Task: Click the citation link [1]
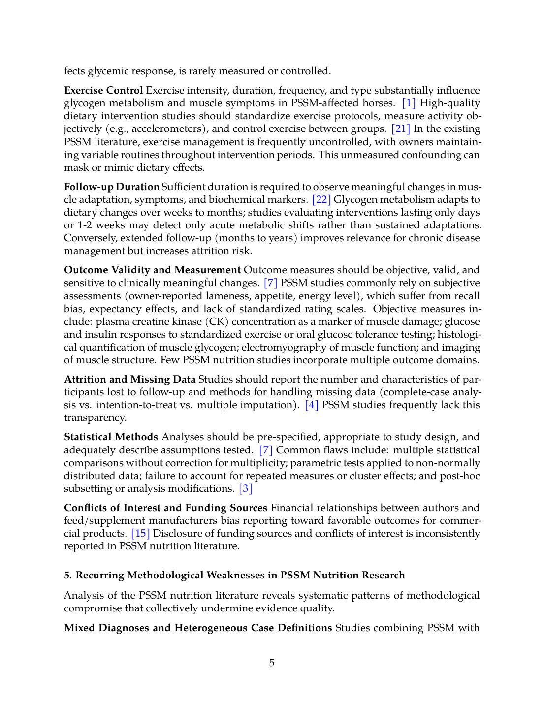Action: coord(409,103)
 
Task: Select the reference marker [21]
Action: coord(401,129)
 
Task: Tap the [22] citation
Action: coord(321,200)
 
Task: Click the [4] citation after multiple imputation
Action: coord(312,405)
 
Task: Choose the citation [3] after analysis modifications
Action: coord(245,489)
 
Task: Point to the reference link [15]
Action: coord(140,534)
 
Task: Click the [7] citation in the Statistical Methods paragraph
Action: coord(265,450)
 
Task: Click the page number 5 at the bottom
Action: coord(272,663)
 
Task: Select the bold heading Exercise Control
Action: coord(103,91)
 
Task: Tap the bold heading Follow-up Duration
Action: coord(112,187)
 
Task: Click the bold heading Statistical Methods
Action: coord(111,437)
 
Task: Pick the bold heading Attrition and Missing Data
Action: coord(129,380)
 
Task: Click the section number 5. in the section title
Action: coord(68,576)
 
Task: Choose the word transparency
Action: coord(95,418)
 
